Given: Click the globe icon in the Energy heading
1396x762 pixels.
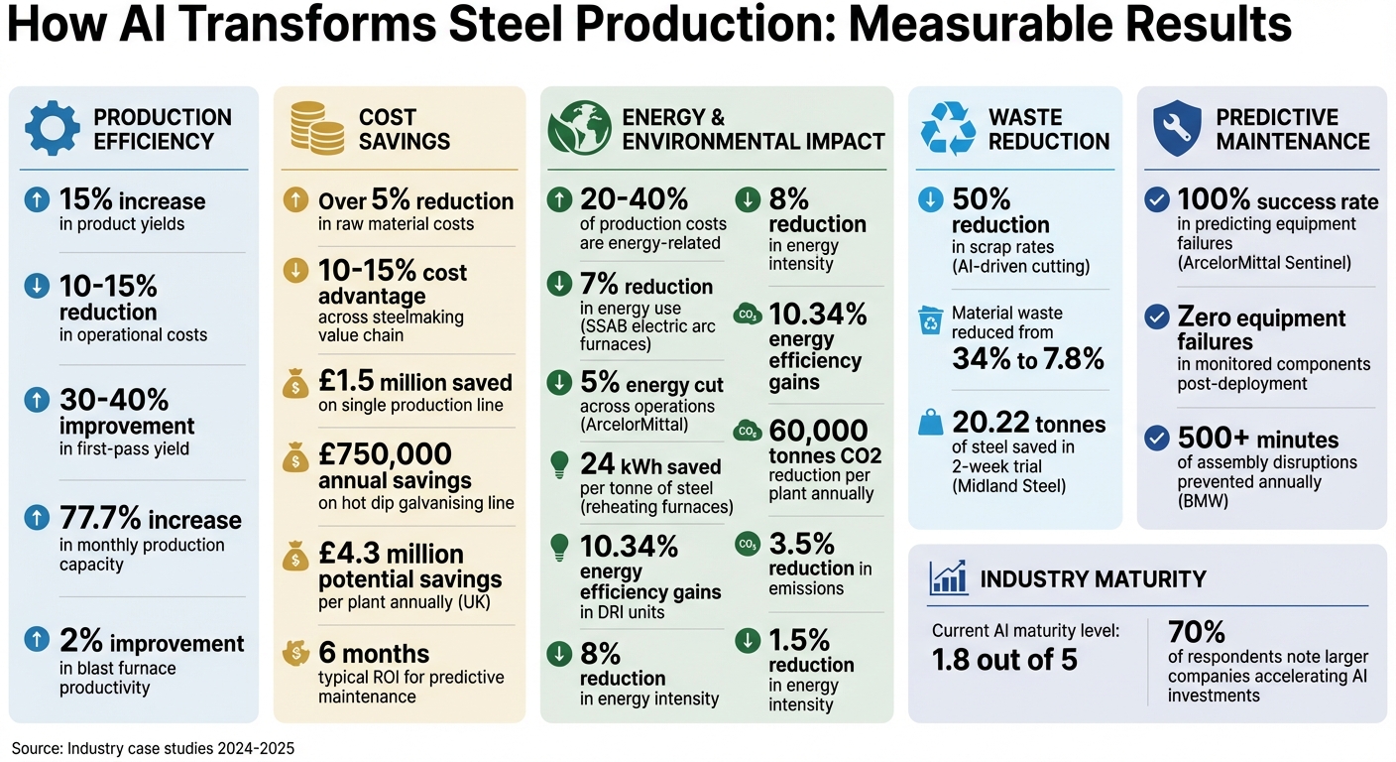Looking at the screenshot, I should tap(578, 128).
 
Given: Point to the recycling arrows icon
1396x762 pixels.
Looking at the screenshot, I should tap(948, 129).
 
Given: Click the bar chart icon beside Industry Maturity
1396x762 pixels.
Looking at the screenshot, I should tap(948, 577).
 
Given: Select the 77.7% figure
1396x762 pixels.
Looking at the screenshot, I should tap(101, 519).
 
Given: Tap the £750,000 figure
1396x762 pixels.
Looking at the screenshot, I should tap(385, 454).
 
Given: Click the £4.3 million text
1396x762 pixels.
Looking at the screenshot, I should tap(391, 554).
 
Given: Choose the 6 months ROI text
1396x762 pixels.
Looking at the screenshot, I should tap(374, 653).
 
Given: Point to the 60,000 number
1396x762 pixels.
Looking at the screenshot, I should tap(818, 431).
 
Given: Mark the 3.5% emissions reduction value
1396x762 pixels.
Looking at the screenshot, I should tap(801, 544).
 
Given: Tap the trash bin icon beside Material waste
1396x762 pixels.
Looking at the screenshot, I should tap(931, 320).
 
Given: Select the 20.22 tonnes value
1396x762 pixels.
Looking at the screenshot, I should tap(1028, 424).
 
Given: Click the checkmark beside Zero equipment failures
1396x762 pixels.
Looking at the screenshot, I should tap(1155, 317).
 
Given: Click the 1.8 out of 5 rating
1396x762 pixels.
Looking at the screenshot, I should tap(1003, 659).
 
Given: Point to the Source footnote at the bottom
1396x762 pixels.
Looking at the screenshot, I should tap(153, 748).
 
